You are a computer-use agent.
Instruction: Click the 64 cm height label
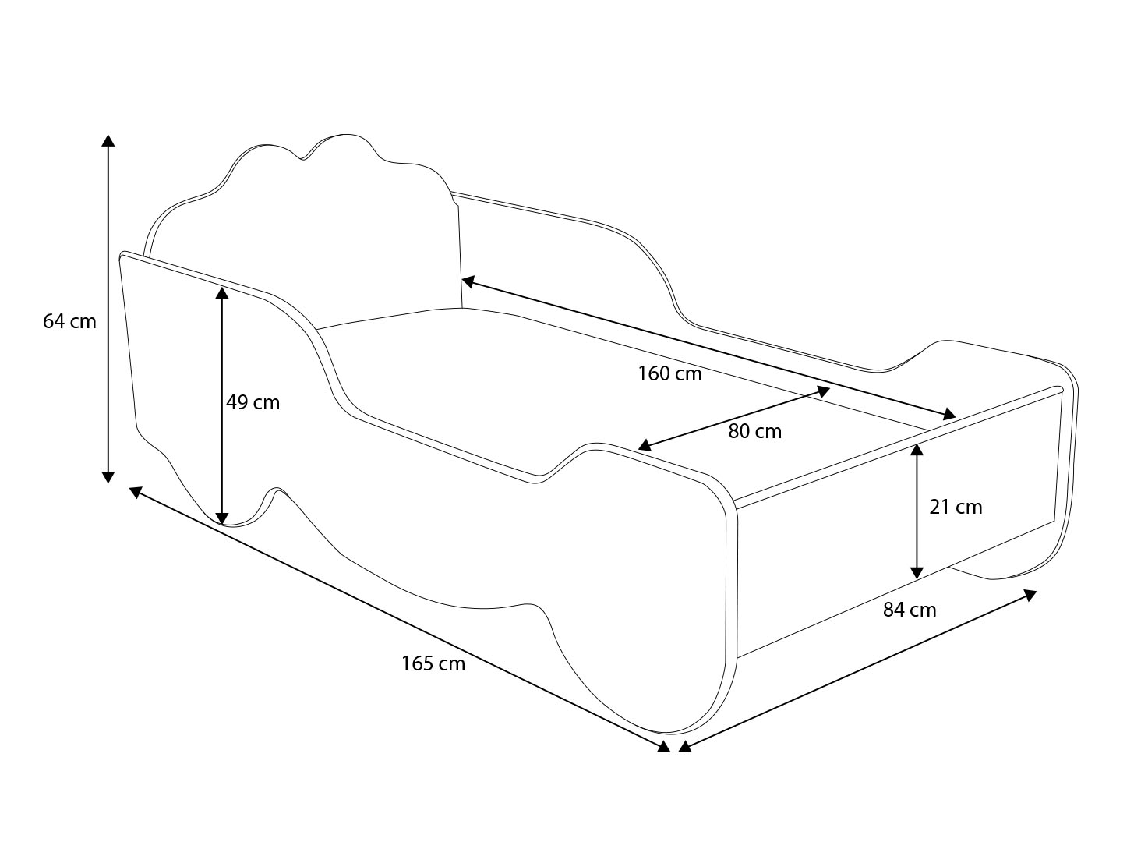[69, 322]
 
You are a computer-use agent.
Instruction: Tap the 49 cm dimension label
[253, 403]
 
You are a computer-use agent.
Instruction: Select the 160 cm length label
[669, 373]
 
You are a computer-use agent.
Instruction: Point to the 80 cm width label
[754, 431]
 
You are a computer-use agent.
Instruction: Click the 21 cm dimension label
[956, 507]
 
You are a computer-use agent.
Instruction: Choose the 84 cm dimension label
[910, 610]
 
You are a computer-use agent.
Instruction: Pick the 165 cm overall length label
[433, 663]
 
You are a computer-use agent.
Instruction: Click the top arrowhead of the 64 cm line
[108, 140]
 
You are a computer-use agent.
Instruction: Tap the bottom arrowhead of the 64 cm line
[108, 477]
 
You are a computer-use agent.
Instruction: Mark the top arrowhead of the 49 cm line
[222, 293]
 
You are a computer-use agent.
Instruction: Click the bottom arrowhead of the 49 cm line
[222, 518]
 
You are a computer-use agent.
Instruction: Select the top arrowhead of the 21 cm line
[917, 450]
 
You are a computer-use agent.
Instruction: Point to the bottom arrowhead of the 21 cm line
[917, 572]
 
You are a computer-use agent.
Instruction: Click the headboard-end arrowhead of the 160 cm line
[468, 281]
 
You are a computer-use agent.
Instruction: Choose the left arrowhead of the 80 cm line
[644, 445]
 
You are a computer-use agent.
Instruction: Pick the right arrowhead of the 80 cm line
[823, 391]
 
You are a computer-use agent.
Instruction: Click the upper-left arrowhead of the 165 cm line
[136, 491]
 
